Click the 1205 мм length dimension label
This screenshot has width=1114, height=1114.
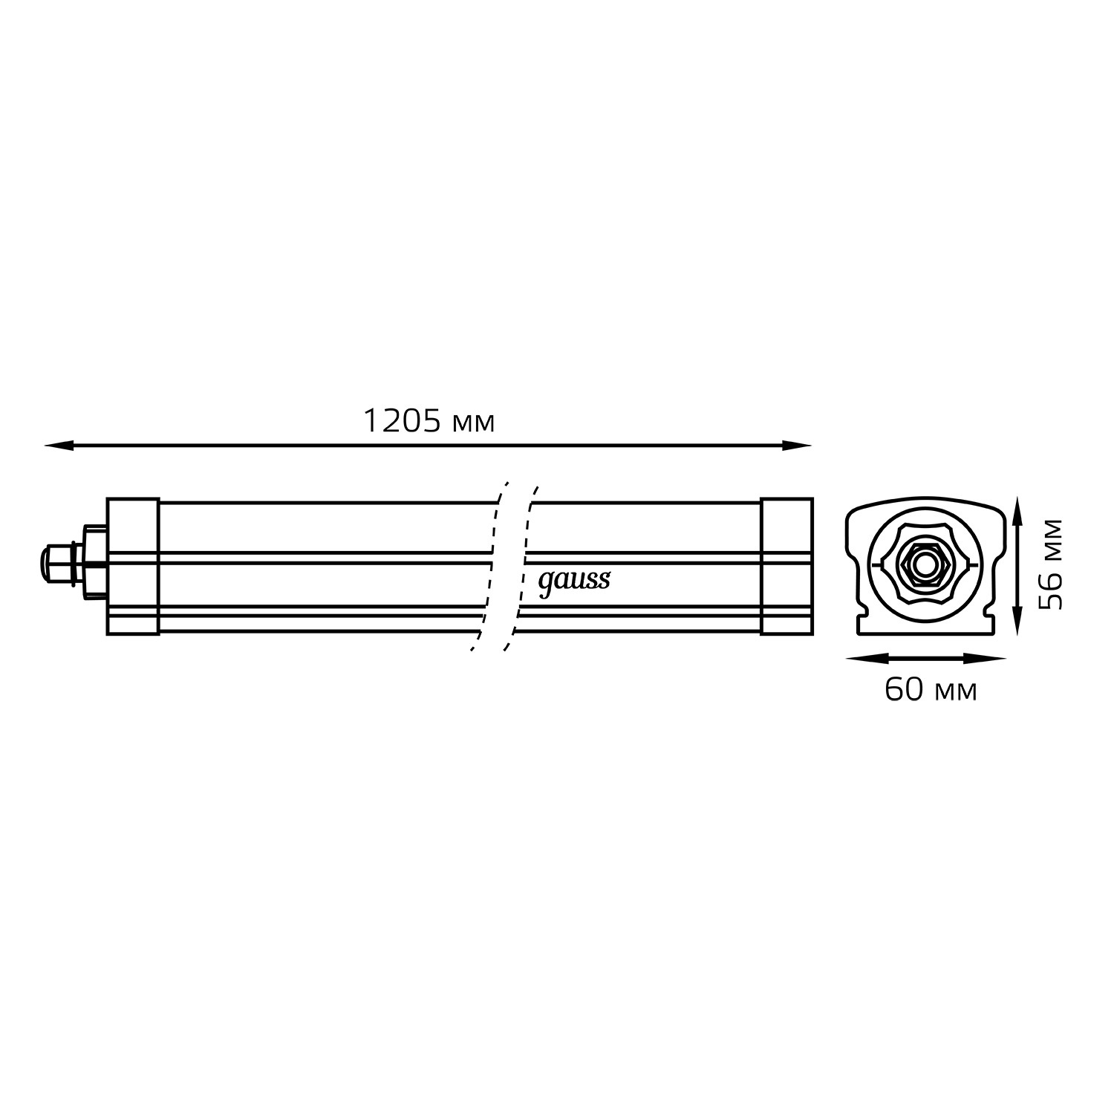[x=429, y=422]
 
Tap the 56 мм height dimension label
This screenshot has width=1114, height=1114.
[x=1050, y=564]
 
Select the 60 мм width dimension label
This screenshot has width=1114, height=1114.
[x=931, y=690]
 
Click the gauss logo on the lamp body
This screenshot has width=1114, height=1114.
[x=573, y=581]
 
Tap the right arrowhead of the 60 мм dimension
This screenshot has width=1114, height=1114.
[x=991, y=658]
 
